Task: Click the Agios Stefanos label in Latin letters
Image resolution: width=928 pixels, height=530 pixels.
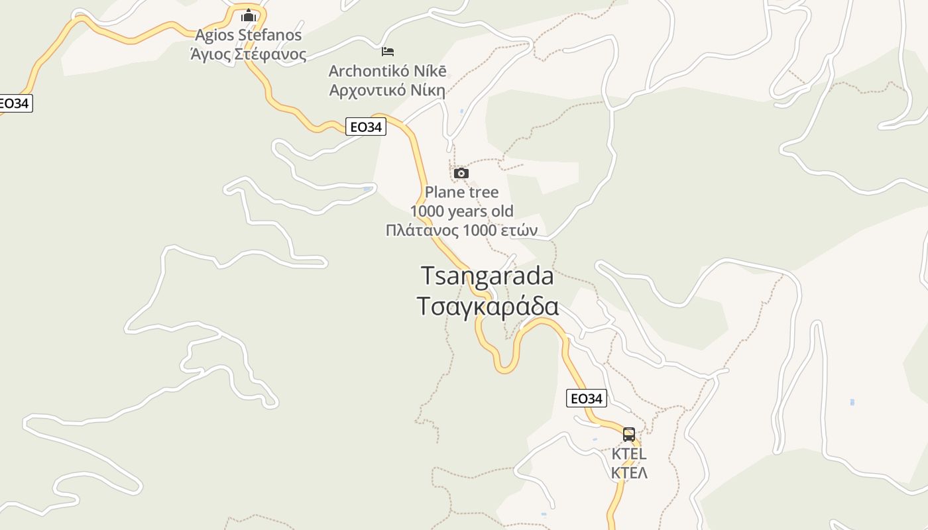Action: point(248,35)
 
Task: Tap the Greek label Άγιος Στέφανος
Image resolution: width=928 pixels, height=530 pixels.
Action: point(248,54)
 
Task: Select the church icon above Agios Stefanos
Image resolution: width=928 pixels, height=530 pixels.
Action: point(249,15)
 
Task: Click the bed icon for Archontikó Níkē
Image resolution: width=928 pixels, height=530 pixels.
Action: point(388,51)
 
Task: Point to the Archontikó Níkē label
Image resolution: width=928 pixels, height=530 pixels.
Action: point(388,71)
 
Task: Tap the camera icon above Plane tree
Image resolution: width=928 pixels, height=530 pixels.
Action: point(461,174)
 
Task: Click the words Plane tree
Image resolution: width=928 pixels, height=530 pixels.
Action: point(461,193)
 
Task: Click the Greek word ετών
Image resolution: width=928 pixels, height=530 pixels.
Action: point(519,231)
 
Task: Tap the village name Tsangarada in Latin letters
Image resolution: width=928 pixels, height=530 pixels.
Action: point(487,276)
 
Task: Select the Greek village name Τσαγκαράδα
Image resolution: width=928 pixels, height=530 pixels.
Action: point(487,307)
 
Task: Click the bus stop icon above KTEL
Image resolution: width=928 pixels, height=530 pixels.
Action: point(628,435)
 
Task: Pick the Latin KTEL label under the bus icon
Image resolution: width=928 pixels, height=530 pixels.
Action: point(628,454)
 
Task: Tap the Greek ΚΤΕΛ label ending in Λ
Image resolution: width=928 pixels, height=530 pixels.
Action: point(628,473)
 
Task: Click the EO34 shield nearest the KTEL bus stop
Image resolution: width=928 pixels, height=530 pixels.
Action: point(587,398)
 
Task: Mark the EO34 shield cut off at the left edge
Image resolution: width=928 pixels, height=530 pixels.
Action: point(15,103)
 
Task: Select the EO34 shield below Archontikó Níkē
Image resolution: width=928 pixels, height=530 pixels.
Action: point(365,127)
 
